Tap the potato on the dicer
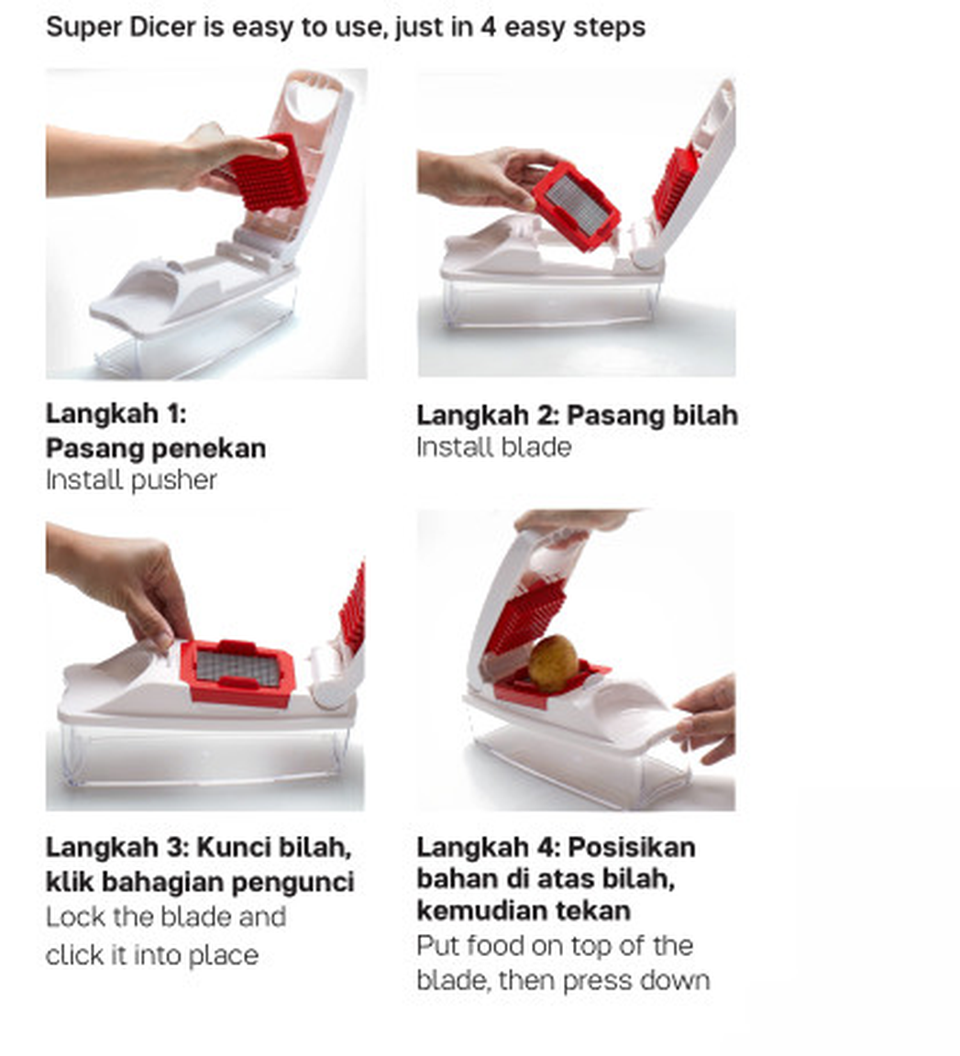click(553, 662)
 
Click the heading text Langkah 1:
click(116, 413)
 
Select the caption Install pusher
click(131, 480)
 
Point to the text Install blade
click(493, 447)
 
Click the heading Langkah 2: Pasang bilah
click(577, 415)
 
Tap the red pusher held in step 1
click(268, 174)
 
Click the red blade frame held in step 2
click(577, 205)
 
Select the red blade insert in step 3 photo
click(237, 671)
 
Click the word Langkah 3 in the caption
click(116, 846)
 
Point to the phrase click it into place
click(151, 955)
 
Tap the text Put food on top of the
click(554, 946)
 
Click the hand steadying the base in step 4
click(708, 720)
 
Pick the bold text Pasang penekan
click(156, 448)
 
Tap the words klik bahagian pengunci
click(200, 882)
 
